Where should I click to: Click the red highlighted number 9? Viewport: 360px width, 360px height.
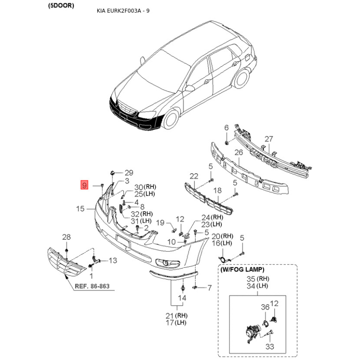84,185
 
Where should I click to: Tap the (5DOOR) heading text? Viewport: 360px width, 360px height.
61,6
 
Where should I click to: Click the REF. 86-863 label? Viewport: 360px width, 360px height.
92,286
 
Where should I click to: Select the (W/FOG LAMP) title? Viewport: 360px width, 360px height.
242,270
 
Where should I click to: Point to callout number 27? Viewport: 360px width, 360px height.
269,139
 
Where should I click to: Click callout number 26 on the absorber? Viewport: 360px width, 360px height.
239,152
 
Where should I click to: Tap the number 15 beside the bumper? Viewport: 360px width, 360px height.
80,209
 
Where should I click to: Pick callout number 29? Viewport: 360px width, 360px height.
129,173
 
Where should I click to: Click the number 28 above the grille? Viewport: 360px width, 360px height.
66,237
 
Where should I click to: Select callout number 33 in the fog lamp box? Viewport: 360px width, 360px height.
270,346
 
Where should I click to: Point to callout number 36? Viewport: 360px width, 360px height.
265,307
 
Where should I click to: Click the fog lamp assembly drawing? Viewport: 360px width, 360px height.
253,333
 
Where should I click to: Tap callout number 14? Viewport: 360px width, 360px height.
182,298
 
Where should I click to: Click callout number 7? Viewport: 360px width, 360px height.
209,288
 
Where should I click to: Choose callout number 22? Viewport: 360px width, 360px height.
194,176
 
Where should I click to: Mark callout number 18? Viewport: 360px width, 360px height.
217,190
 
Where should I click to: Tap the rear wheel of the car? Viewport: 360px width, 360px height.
241,78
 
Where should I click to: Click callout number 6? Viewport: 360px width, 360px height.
226,128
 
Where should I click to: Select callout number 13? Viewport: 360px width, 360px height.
113,261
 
